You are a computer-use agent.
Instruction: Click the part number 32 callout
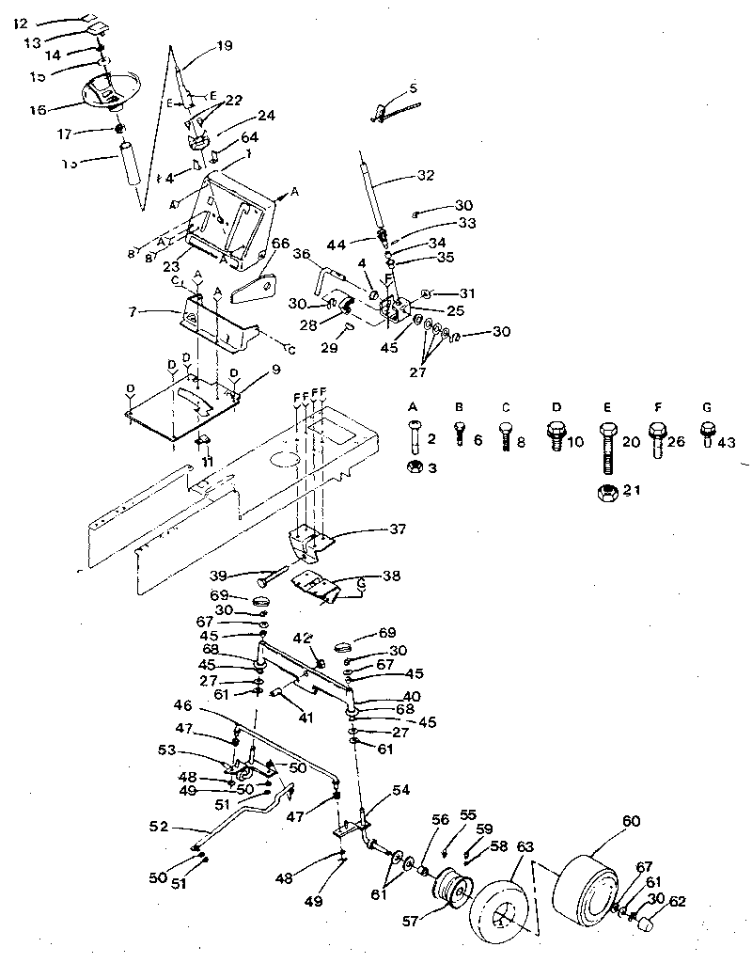pyautogui.click(x=427, y=176)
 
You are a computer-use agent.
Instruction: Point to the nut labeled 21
pyautogui.click(x=607, y=492)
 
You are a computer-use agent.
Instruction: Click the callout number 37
pyautogui.click(x=398, y=529)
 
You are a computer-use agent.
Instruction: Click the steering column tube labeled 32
pyautogui.click(x=368, y=193)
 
